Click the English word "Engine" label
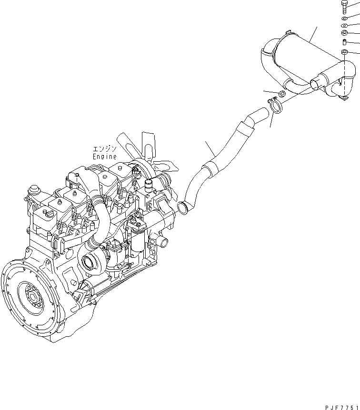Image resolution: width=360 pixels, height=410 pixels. [105, 156]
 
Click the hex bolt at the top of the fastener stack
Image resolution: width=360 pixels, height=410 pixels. [344, 7]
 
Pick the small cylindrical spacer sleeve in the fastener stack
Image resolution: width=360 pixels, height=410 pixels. [344, 42]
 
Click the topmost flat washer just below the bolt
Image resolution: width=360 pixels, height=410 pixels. [344, 18]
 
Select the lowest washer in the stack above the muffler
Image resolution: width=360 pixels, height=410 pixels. [344, 51]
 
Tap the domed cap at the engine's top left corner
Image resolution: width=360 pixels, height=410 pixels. [34, 189]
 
